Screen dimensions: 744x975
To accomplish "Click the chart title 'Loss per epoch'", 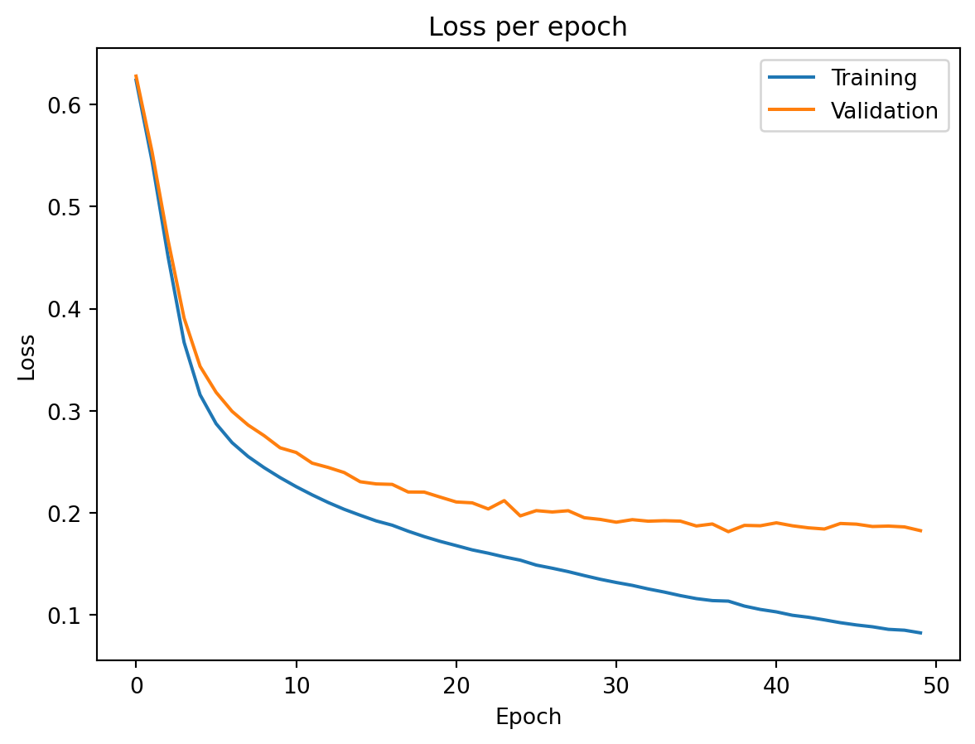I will point(528,27).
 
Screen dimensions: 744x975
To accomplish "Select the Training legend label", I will point(874,79).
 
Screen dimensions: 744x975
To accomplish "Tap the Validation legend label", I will point(885,111).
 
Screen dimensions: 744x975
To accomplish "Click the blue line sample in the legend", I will point(792,79).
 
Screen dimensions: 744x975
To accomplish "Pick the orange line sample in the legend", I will point(792,111).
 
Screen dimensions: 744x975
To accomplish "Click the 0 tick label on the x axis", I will point(136,684).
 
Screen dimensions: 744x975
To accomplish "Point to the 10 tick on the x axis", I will point(296,684).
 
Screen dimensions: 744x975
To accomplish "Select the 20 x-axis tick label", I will point(456,684).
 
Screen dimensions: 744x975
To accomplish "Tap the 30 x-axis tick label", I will point(615,684).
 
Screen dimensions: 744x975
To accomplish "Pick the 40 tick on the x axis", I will point(775,684).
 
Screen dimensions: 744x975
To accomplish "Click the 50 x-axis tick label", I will point(935,684).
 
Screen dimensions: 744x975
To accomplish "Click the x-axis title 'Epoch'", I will point(528,717).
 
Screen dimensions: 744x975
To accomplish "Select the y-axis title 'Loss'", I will point(27,357).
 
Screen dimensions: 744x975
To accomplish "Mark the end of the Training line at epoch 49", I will point(920,633).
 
